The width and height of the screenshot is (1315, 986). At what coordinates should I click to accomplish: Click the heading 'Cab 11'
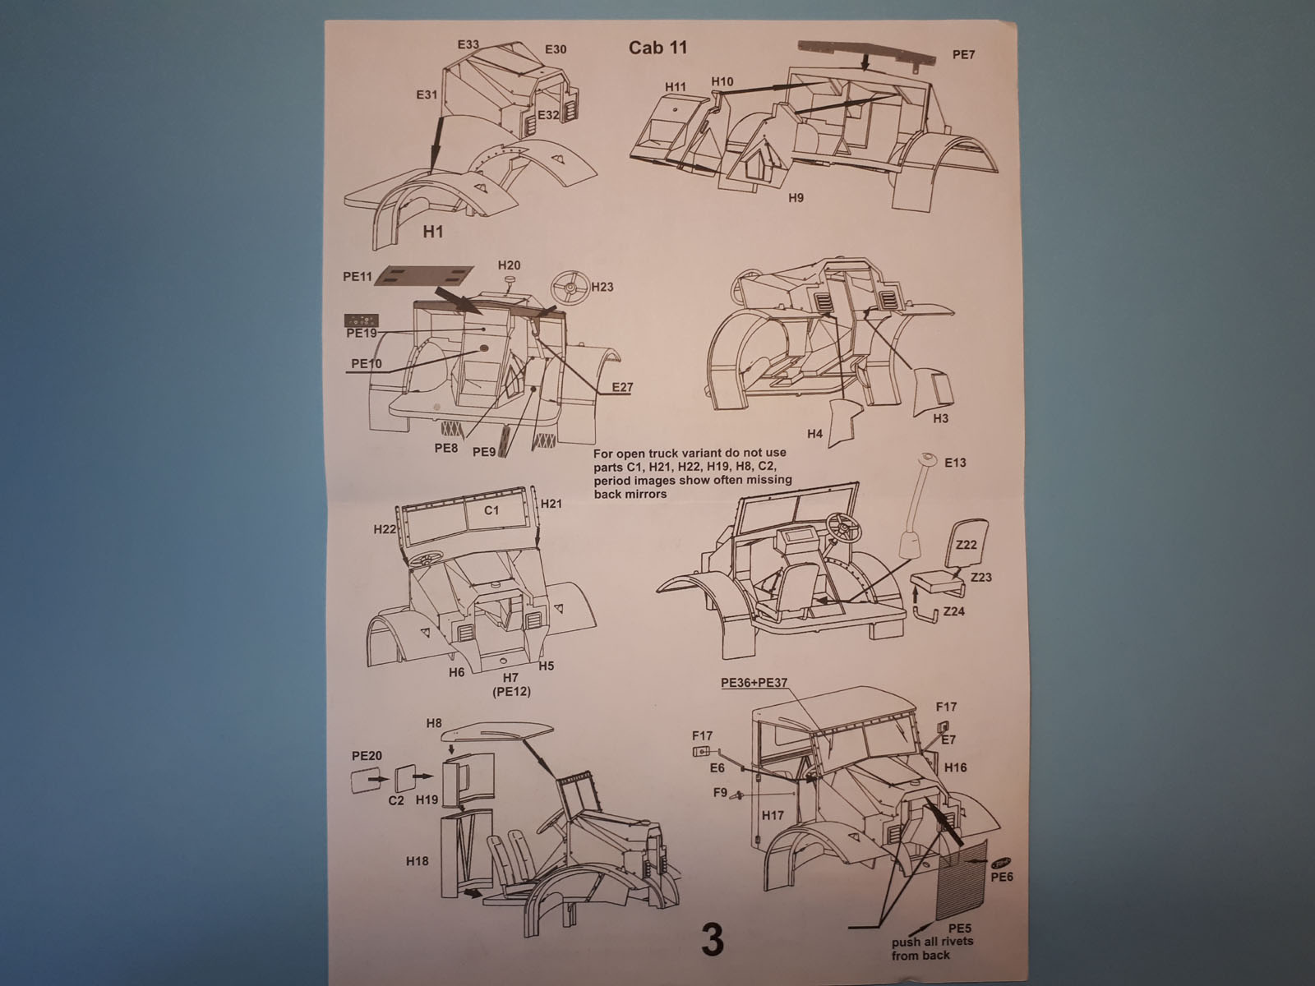coord(657,48)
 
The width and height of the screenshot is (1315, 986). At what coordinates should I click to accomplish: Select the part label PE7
coord(963,55)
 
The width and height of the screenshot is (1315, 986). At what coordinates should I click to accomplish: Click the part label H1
coord(433,232)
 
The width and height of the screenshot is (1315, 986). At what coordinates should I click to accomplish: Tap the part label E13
coord(955,463)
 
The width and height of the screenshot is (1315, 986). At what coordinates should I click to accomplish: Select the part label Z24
coord(954,611)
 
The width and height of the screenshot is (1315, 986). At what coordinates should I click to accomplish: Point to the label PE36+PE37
coord(754,683)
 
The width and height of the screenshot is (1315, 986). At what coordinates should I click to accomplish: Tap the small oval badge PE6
coord(1000,863)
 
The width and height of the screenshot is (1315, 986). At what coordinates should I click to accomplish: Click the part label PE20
coord(367,756)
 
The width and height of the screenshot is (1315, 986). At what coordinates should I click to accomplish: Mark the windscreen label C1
coord(491,510)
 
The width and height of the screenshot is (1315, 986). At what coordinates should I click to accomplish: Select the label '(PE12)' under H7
coord(511,692)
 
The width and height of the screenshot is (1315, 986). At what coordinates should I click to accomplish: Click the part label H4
coord(814,433)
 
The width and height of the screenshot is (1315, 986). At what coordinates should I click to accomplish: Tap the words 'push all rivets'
coord(932,941)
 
